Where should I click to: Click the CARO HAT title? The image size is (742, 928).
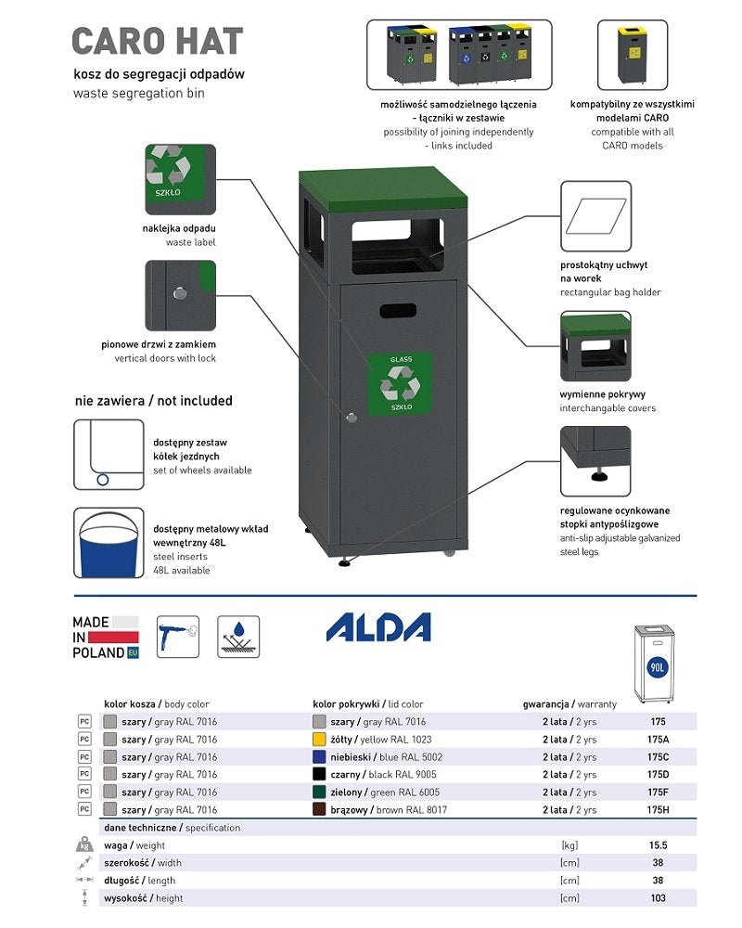(158, 42)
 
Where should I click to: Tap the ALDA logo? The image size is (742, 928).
(378, 627)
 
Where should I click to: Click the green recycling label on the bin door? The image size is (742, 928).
(401, 383)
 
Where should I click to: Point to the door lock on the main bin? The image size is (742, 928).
(351, 418)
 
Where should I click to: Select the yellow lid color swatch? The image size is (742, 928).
(319, 740)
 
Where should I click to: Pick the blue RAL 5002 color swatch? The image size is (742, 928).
(319, 757)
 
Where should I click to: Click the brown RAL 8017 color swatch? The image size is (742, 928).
(319, 810)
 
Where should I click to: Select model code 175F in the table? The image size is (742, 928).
(658, 793)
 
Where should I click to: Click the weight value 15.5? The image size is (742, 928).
(658, 845)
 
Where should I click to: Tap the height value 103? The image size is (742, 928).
(658, 897)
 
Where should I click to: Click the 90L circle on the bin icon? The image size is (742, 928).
(658, 667)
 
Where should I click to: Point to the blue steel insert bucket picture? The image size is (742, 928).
(109, 542)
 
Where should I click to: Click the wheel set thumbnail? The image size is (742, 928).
(109, 455)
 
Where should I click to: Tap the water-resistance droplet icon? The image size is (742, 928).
(238, 637)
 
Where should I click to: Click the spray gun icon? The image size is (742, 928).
(179, 637)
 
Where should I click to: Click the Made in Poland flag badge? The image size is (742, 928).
(106, 638)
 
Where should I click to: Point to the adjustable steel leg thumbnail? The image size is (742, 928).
(595, 461)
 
